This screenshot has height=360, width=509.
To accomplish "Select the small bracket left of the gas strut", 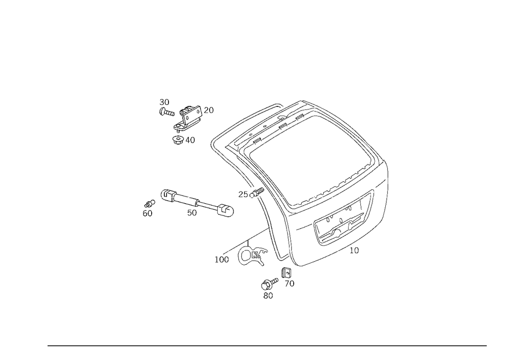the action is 148,209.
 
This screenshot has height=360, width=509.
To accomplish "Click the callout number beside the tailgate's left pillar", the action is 244,193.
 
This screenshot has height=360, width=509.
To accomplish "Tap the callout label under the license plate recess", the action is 354,250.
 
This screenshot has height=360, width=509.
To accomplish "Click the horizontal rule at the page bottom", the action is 267,345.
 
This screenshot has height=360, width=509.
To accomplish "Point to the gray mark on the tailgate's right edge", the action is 388,180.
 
